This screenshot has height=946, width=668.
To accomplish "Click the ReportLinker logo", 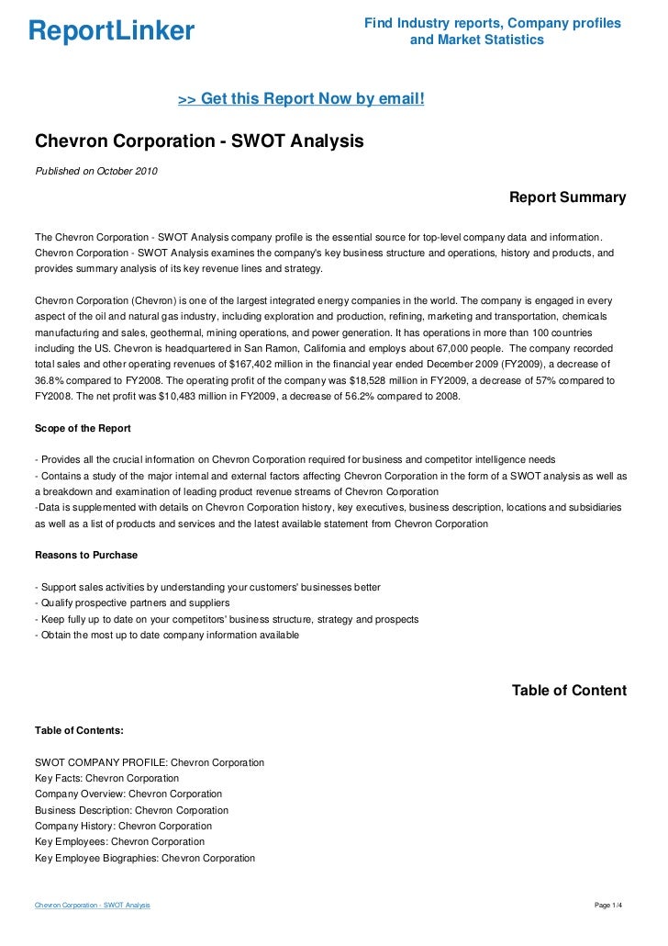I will [x=112, y=31].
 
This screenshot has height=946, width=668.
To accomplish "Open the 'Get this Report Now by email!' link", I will [x=301, y=98].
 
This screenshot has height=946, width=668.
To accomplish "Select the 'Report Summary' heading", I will [x=567, y=197].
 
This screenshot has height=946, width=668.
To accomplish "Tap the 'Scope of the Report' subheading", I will [x=83, y=428].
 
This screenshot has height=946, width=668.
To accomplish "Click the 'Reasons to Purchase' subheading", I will [x=86, y=555].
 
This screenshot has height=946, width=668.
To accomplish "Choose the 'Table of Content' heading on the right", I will [x=569, y=691].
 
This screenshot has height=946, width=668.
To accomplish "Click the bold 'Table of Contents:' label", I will [x=79, y=730].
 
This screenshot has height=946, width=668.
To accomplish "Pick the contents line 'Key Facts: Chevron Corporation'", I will [x=106, y=778].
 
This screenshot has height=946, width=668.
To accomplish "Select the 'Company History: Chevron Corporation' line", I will [x=123, y=826].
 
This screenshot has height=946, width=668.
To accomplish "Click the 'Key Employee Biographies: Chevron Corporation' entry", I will [x=144, y=858].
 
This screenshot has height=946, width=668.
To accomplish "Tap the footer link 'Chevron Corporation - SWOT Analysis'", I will [x=93, y=906].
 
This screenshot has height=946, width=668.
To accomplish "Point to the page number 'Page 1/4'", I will [x=609, y=906].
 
